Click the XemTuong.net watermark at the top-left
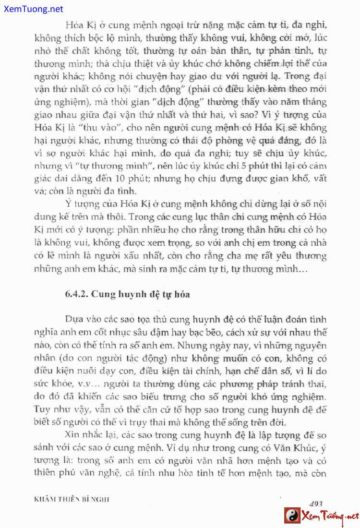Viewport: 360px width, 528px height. [32, 9]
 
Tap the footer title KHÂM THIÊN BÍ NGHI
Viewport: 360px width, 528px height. [72, 499]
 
